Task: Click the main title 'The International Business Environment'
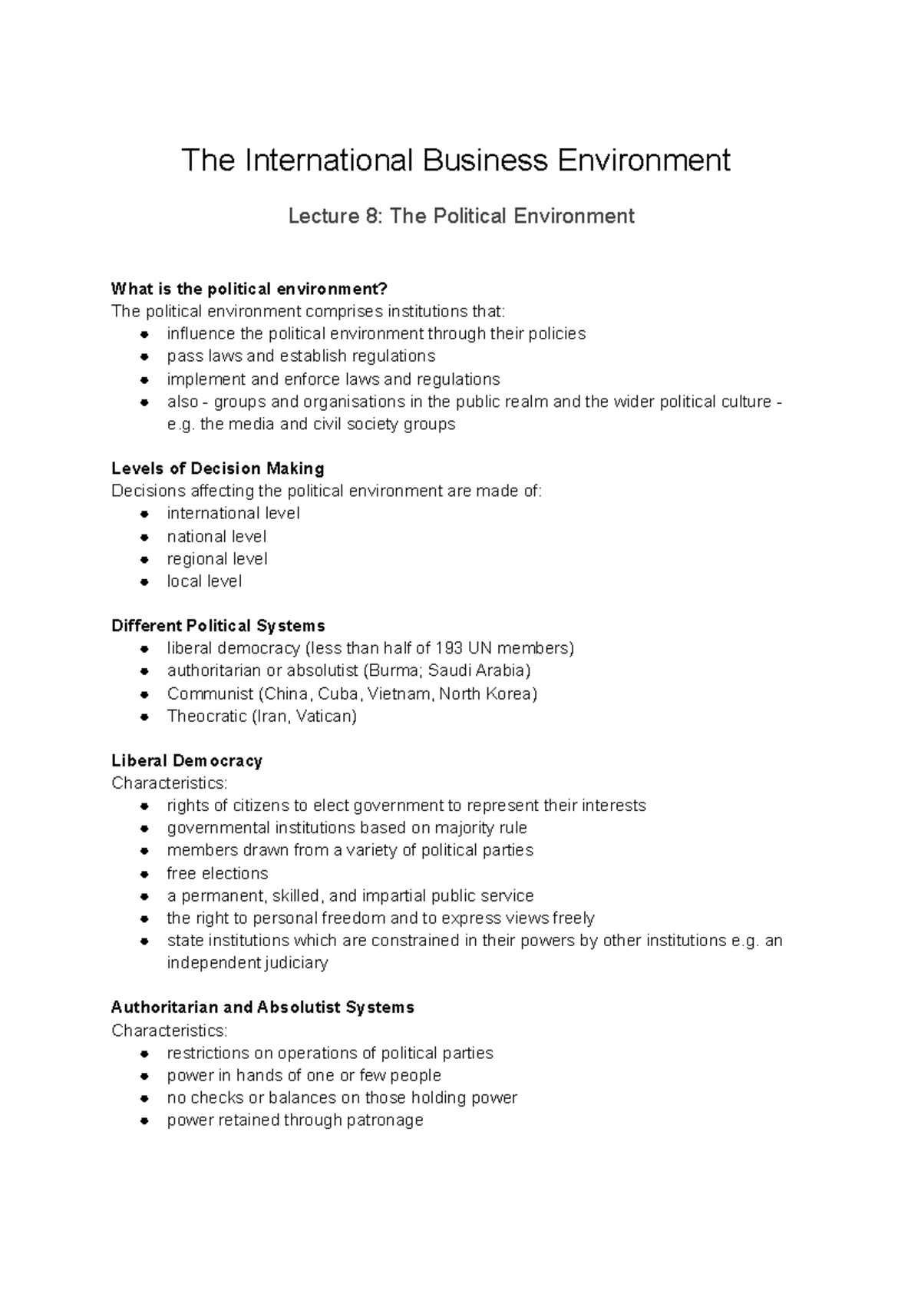click(x=455, y=161)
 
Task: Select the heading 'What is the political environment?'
click(x=249, y=289)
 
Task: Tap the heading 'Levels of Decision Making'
click(x=217, y=468)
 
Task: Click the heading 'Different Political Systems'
click(x=218, y=626)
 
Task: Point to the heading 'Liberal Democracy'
click(x=187, y=760)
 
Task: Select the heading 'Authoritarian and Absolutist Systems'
click(x=262, y=1008)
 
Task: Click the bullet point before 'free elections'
click(x=144, y=874)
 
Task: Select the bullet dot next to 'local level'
click(x=144, y=582)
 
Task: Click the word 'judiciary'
click(x=295, y=963)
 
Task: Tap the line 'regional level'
click(x=217, y=559)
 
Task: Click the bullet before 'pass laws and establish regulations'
click(x=144, y=357)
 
